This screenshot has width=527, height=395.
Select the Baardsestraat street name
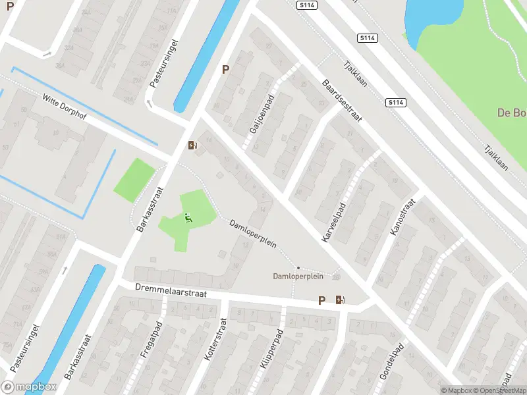coord(343,101)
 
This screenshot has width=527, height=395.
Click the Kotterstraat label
coord(215,340)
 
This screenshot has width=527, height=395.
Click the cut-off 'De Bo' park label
coord(512,113)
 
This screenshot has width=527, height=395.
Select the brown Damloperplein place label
coord(298,276)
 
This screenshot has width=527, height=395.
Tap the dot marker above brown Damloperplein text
coord(298,267)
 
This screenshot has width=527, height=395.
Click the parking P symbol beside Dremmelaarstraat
coord(322,300)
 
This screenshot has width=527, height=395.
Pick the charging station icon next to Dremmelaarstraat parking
coord(340,300)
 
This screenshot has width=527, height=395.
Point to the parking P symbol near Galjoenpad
coord(226,69)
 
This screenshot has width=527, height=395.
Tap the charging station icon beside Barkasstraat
coord(192,145)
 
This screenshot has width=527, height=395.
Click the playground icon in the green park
coord(188,218)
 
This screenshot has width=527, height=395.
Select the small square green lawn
coord(135,180)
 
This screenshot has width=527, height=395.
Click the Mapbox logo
coord(28,387)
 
